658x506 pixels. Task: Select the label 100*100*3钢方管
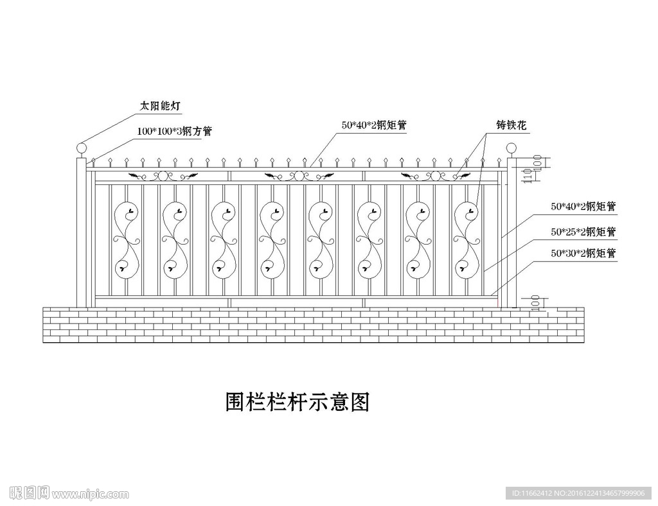pyautogui.click(x=173, y=130)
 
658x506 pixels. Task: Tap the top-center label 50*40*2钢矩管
pyautogui.click(x=374, y=126)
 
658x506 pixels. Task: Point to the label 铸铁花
pyautogui.click(x=511, y=126)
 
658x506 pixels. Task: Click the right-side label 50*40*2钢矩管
pyautogui.click(x=583, y=207)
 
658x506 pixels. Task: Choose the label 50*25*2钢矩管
pyautogui.click(x=583, y=231)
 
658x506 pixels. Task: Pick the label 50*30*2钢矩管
pyautogui.click(x=583, y=254)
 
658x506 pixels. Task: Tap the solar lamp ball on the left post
pyautogui.click(x=81, y=150)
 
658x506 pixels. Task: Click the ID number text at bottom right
pyautogui.click(x=578, y=493)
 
